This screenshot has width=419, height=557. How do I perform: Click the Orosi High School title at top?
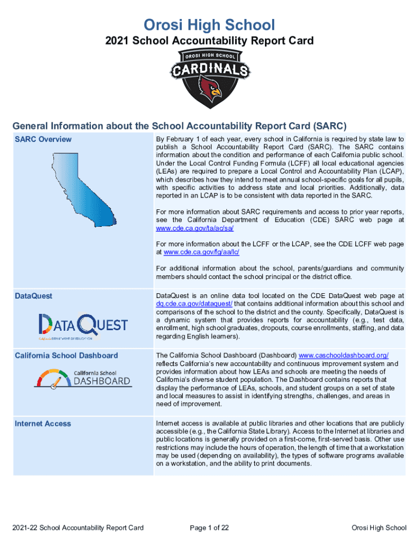209,24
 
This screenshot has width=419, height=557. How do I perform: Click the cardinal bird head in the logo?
209,86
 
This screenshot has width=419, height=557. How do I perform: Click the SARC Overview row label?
43,139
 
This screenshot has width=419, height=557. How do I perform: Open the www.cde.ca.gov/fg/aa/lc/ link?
201,252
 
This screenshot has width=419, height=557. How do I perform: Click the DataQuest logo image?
83,326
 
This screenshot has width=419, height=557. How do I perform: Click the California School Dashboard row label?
66,355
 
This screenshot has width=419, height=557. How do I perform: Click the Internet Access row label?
42,423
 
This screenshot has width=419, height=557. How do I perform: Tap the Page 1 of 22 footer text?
209,528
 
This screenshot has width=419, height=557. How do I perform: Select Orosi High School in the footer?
379,528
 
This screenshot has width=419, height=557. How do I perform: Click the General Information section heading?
180,126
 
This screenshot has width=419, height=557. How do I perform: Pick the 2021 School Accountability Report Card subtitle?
209,41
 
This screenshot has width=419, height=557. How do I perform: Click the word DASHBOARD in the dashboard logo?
102,381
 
